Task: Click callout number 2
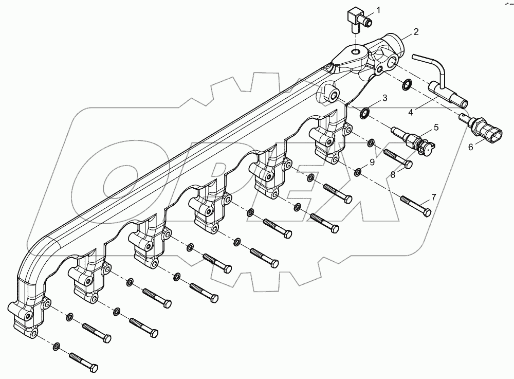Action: [416, 31]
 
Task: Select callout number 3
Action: [384, 97]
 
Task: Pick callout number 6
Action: [470, 147]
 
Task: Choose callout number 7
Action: [433, 196]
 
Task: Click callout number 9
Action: [372, 161]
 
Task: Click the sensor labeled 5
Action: [414, 139]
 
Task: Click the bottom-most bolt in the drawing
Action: [82, 359]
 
